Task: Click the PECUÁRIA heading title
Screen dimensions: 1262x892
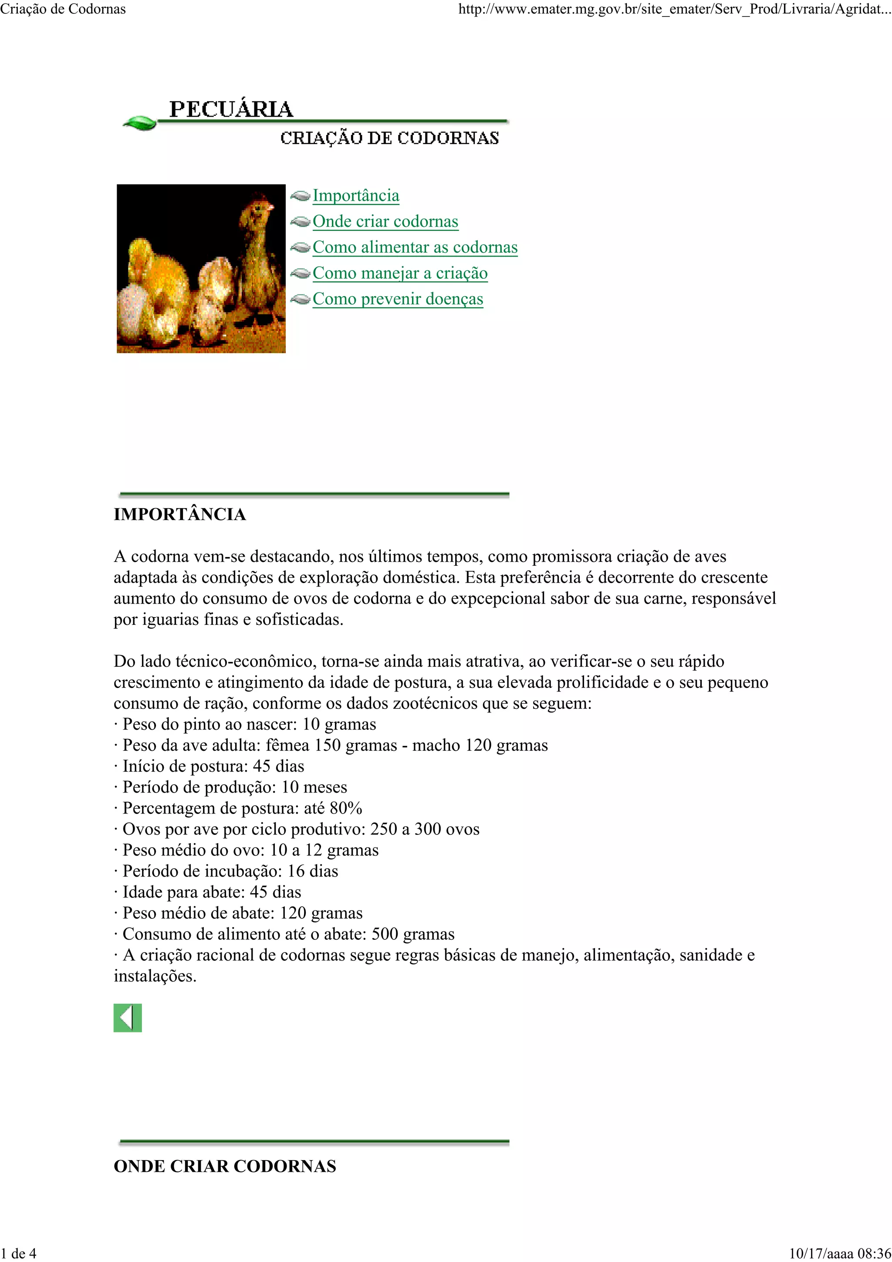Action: pyautogui.click(x=231, y=109)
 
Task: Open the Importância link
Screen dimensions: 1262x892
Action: pyautogui.click(x=355, y=196)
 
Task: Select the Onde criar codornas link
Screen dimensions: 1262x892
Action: pyautogui.click(x=385, y=222)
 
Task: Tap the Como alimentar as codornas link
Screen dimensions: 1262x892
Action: pyautogui.click(x=415, y=247)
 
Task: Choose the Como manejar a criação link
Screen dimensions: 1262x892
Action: pyautogui.click(x=400, y=273)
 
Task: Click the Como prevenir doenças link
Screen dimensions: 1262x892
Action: pyautogui.click(x=398, y=299)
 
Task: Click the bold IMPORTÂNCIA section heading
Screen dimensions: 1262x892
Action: pyautogui.click(x=180, y=514)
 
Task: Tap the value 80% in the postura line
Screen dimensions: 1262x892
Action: pyautogui.click(x=346, y=808)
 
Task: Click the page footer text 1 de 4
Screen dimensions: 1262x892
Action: pyautogui.click(x=19, y=1253)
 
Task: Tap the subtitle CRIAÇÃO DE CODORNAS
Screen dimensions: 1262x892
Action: pyautogui.click(x=389, y=138)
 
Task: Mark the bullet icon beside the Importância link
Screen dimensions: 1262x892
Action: pyautogui.click(x=300, y=196)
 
